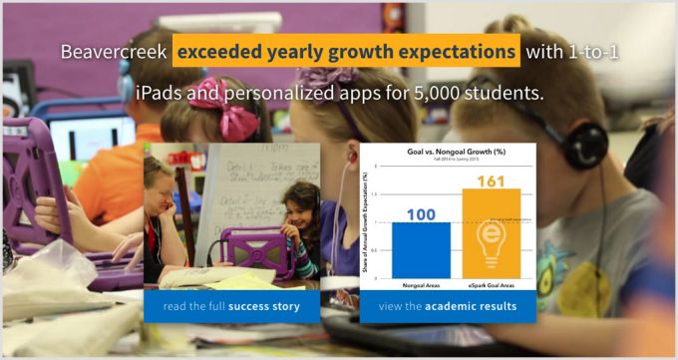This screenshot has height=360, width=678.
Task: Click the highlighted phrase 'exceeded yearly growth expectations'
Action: coord(346,51)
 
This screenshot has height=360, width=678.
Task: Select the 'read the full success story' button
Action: coord(231,306)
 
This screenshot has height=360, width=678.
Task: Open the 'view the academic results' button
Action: coord(448,306)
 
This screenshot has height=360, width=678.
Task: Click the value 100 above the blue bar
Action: coord(421,211)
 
